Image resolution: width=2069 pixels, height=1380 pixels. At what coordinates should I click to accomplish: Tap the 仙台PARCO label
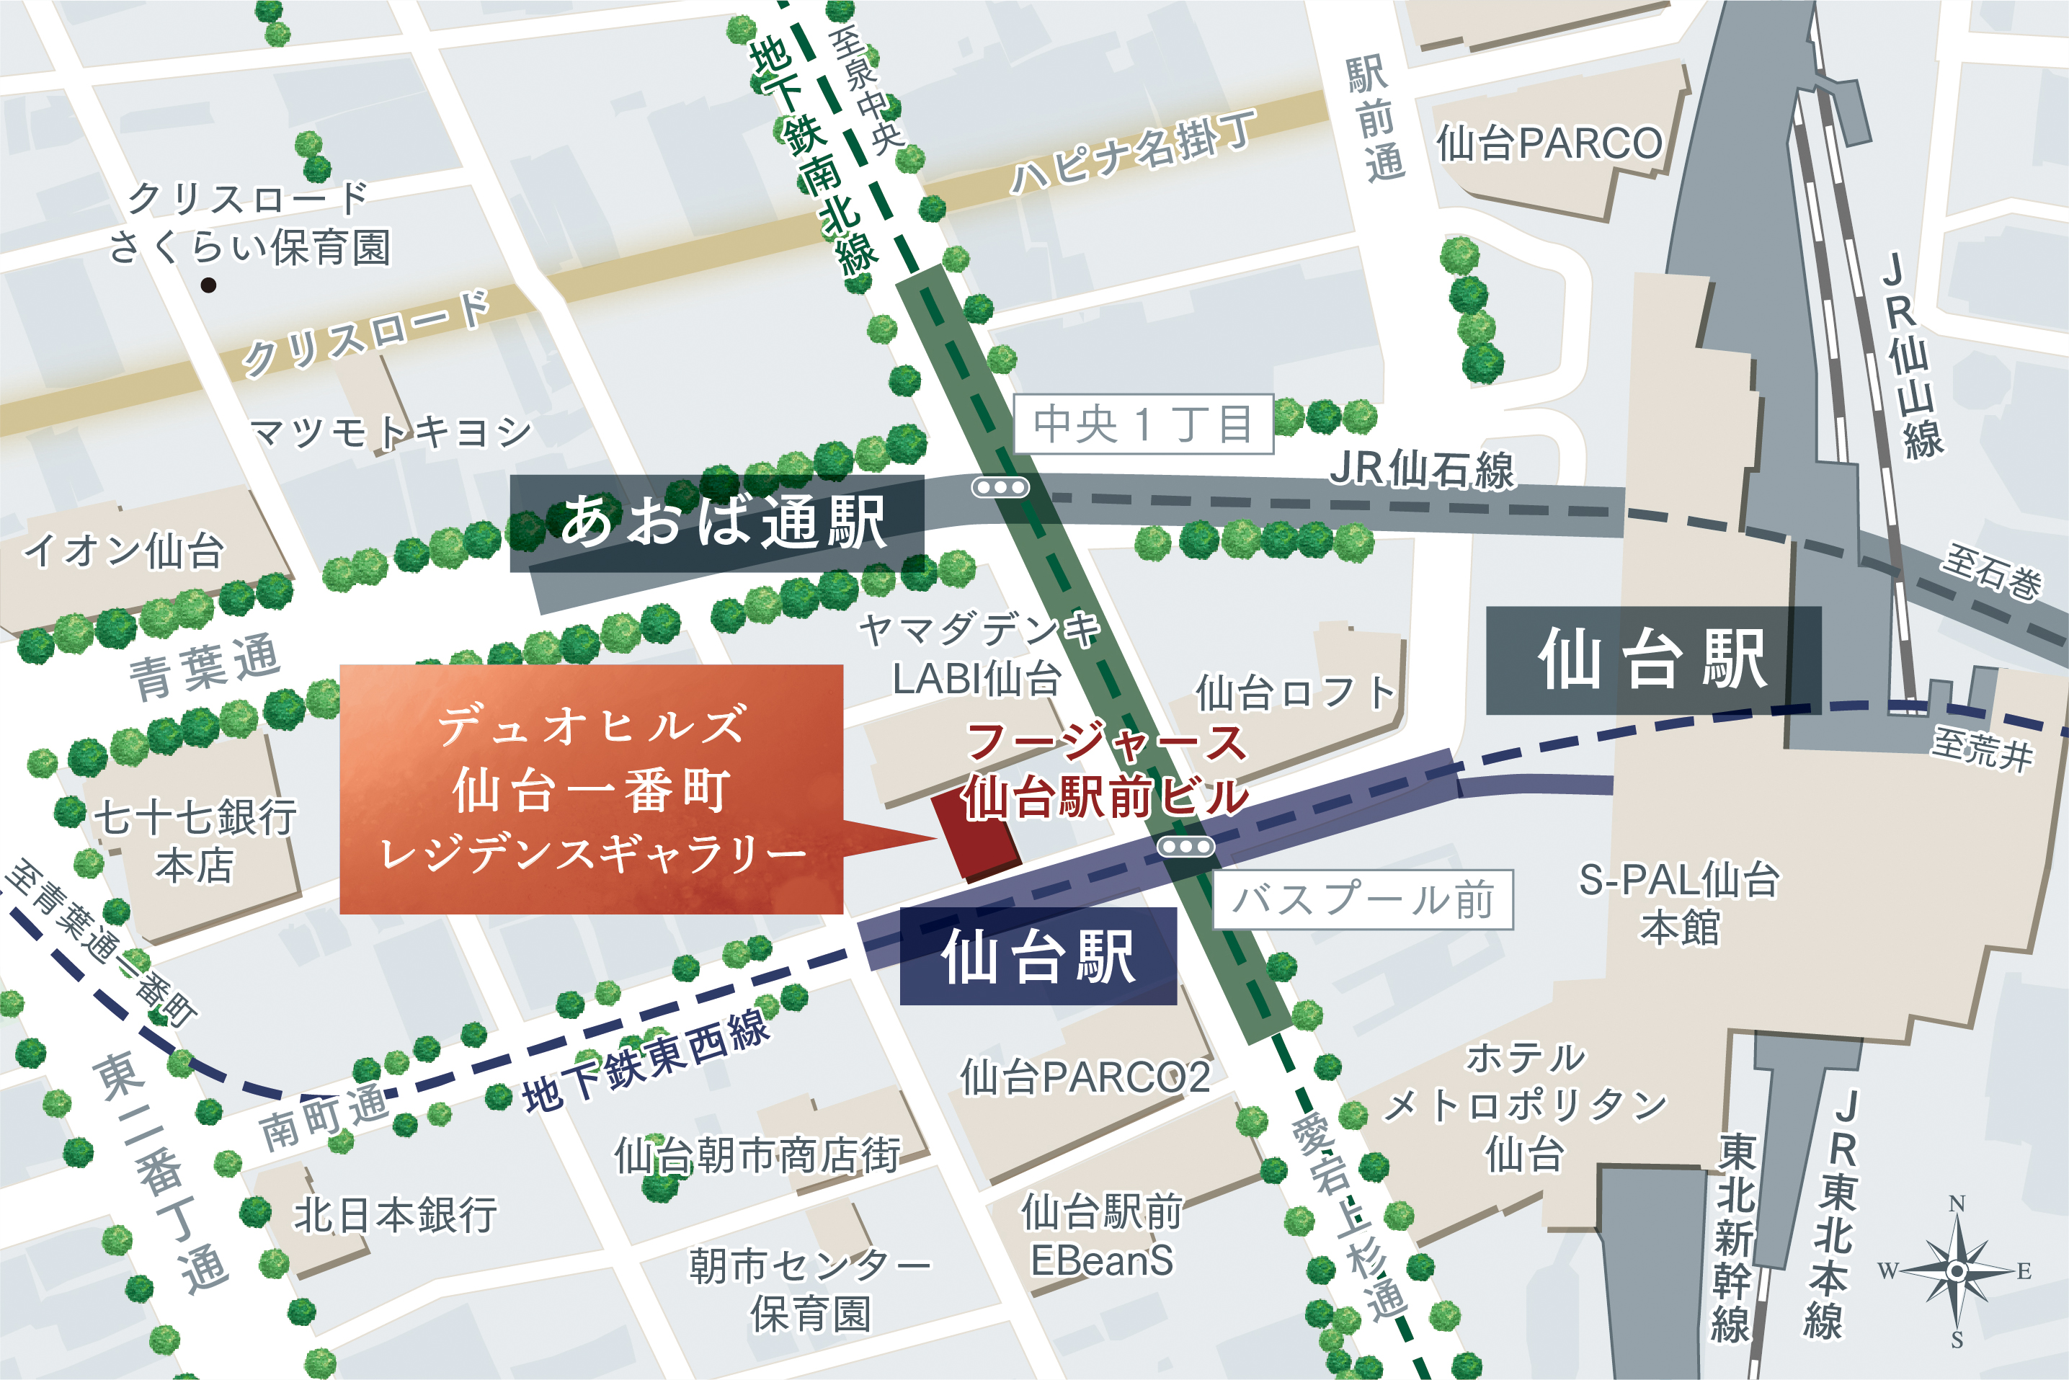click(1549, 143)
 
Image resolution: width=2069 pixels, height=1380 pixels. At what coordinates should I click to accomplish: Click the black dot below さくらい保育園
click(208, 284)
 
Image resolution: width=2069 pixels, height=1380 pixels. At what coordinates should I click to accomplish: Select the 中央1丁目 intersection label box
click(1142, 424)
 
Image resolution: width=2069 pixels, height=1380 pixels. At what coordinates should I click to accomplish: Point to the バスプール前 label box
click(1362, 899)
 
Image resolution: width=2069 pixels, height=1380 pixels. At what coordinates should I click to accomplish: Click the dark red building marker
click(974, 835)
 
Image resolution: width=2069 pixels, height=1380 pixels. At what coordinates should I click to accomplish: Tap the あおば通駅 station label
click(717, 522)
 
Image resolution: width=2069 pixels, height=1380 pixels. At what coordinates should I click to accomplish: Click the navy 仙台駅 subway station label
click(1038, 957)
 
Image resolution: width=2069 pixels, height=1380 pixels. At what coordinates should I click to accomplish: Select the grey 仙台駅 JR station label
click(1652, 660)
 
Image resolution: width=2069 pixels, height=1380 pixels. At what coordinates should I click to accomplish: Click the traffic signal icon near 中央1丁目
click(1000, 486)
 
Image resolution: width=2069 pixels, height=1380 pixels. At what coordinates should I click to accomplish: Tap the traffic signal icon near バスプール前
click(1185, 847)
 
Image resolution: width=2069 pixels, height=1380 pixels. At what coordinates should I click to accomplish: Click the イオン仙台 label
click(123, 552)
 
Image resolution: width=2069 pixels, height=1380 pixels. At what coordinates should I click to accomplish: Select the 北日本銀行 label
click(394, 1214)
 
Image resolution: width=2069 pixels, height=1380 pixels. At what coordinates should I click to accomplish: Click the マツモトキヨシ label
click(391, 431)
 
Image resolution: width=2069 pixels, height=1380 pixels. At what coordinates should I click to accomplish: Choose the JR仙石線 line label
click(1421, 469)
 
